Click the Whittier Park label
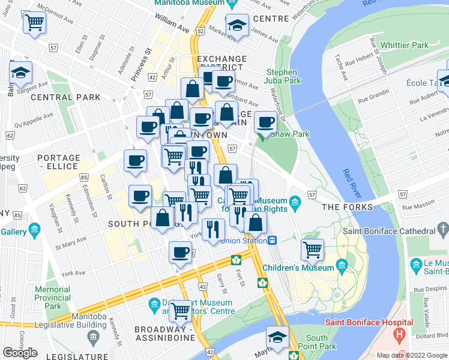[x=405, y=45]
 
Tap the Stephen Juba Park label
[x=282, y=76]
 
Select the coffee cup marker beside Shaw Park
[x=265, y=123]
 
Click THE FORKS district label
[x=347, y=207]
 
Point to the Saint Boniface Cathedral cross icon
[x=443, y=230]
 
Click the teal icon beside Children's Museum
[x=342, y=264]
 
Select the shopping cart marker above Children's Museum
[x=312, y=249]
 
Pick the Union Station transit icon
[x=272, y=240]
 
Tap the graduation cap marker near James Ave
[x=238, y=26]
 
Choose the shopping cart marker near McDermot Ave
[x=35, y=23]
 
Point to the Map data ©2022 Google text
[x=411, y=355]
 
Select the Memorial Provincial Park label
[x=52, y=298]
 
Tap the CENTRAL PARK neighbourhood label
[x=57, y=97]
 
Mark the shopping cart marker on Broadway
[x=180, y=311]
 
